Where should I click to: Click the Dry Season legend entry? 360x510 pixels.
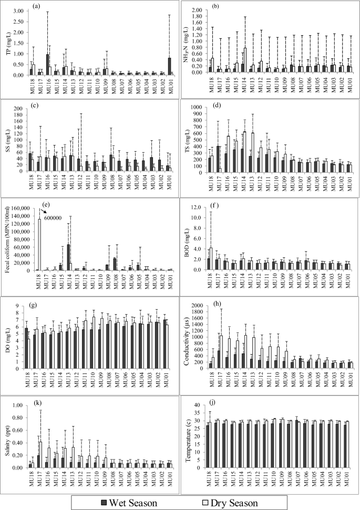pos(229,503)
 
